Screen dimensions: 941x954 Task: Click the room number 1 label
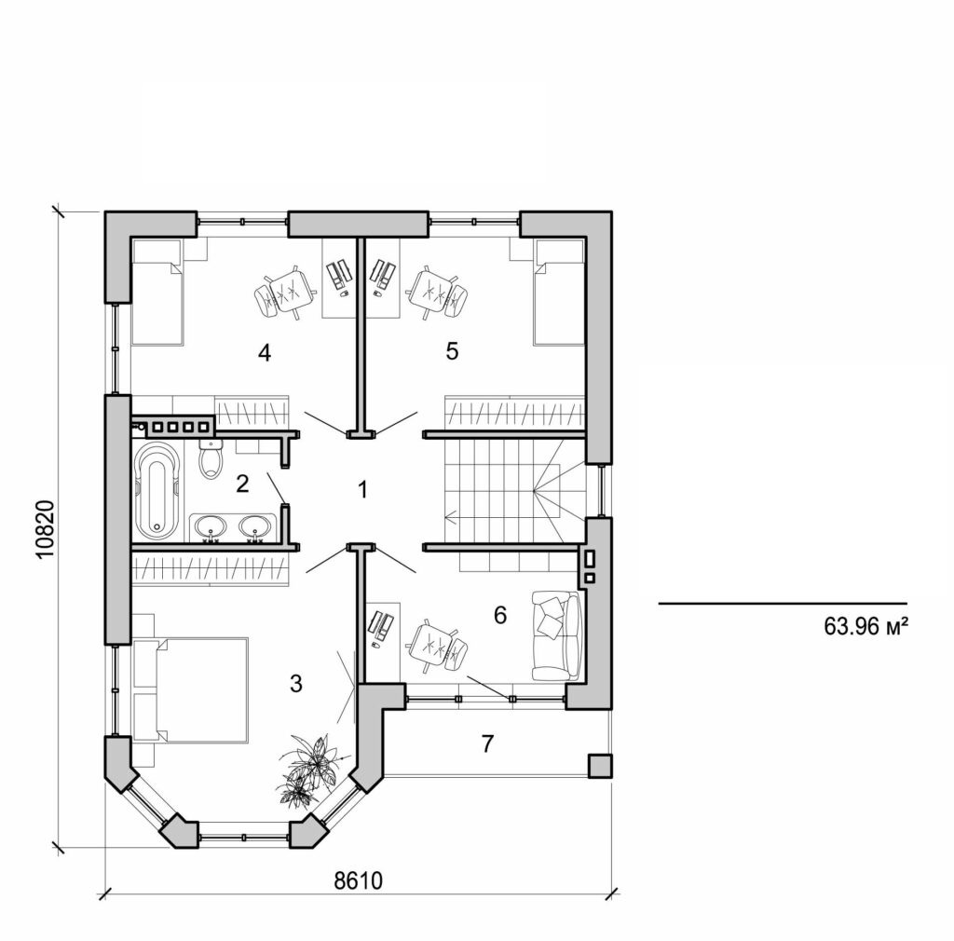[363, 489]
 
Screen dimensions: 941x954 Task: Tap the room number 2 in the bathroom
[242, 483]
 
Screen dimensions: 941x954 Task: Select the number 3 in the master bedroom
[296, 683]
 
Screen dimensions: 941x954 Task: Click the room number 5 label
[453, 351]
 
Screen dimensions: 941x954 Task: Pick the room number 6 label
[499, 615]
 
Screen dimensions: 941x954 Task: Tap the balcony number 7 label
[485, 743]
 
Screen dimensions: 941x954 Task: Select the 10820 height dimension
[47, 529]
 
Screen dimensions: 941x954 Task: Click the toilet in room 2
[211, 460]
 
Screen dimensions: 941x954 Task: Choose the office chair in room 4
[283, 293]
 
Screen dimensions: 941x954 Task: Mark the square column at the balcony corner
[599, 765]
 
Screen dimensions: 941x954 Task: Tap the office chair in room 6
[434, 643]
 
